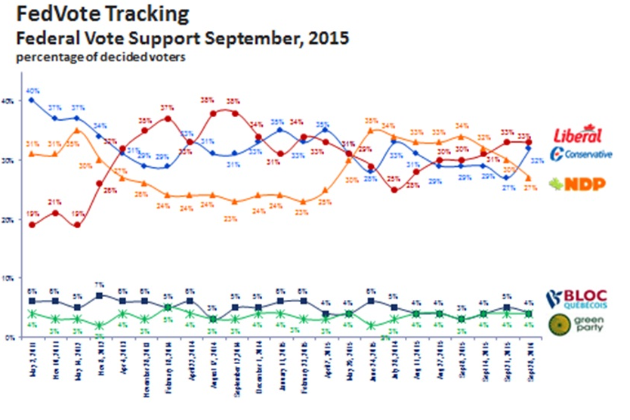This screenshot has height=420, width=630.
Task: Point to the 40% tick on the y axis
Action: pyautogui.click(x=9, y=100)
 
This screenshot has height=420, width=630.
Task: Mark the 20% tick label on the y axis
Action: pyautogui.click(x=9, y=219)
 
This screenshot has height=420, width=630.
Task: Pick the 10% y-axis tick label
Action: pyautogui.click(x=9, y=279)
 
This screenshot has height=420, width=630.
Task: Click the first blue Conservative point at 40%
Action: pyautogui.click(x=30, y=100)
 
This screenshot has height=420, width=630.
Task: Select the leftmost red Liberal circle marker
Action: pyautogui.click(x=30, y=224)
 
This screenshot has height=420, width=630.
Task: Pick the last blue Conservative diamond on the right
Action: pyautogui.click(x=529, y=148)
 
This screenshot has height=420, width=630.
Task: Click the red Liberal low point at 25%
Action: pyautogui.click(x=394, y=190)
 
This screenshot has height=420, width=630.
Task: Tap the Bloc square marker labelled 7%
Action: pyautogui.click(x=100, y=295)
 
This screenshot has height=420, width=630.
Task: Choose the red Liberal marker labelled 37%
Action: pyautogui.click(x=168, y=118)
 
